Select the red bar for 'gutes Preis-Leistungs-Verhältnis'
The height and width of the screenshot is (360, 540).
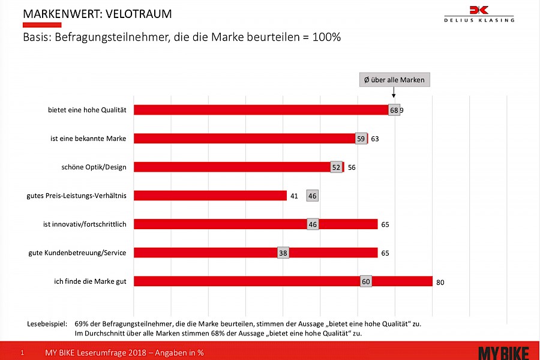click(x=210, y=196)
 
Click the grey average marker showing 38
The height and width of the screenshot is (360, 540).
click(x=283, y=253)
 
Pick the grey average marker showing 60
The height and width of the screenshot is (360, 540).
click(x=365, y=281)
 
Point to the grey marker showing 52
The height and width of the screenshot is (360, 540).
click(x=336, y=167)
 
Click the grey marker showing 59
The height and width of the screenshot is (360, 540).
click(x=361, y=139)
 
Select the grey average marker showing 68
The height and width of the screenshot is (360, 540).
click(x=394, y=110)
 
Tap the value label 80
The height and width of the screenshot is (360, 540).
click(x=440, y=282)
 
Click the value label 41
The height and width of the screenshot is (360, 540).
click(x=294, y=196)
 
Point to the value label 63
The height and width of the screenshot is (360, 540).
click(x=375, y=139)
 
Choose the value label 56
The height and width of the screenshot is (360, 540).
click(x=352, y=167)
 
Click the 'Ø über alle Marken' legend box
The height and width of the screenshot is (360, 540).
click(x=394, y=80)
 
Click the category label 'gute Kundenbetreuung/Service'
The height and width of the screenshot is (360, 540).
click(x=77, y=253)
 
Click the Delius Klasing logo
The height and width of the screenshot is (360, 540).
click(x=479, y=13)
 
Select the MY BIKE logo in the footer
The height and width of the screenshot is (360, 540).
click(x=505, y=352)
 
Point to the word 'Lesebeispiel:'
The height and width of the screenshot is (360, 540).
click(x=46, y=323)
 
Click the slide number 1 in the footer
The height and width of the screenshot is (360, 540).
click(x=22, y=353)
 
